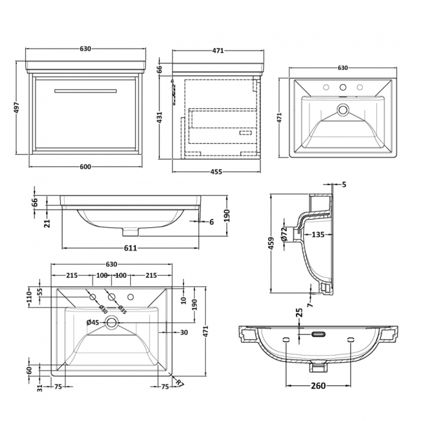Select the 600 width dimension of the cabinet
pyautogui.click(x=84, y=167)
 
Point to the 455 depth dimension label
pyautogui.click(x=216, y=172)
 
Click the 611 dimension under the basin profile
pyautogui.click(x=130, y=249)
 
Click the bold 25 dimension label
pyautogui.click(x=299, y=313)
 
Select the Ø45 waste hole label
pyautogui.click(x=92, y=322)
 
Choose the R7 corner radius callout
pyautogui.click(x=179, y=382)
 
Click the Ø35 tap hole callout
pyautogui.click(x=122, y=309)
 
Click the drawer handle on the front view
pyautogui.click(x=85, y=91)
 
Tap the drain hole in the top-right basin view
pyautogui.click(x=343, y=109)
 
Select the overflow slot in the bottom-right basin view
pyautogui.click(x=318, y=335)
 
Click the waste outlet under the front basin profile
pyautogui.click(x=130, y=231)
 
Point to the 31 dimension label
pyautogui.click(x=40, y=389)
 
